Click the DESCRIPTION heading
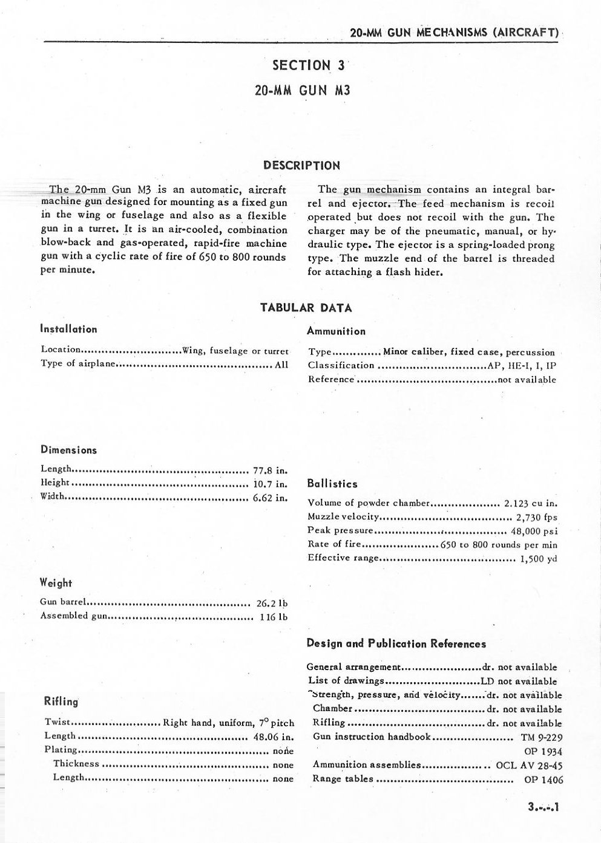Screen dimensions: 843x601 [x=301, y=165]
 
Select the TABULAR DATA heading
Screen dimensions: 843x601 [x=306, y=307]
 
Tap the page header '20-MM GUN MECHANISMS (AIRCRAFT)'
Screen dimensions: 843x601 [x=454, y=33]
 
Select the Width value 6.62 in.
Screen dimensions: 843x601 [x=269, y=498]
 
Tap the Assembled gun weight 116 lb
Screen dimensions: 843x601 [x=274, y=617]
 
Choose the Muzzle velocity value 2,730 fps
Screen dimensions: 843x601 [x=536, y=518]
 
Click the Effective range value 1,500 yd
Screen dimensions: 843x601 [x=538, y=559]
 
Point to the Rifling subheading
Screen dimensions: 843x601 [x=61, y=701]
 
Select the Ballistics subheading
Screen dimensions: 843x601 [x=332, y=484]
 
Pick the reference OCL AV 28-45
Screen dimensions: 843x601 [x=529, y=765]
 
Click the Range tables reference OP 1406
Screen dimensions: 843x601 [x=544, y=780]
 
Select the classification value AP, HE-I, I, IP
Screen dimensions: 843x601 [x=521, y=365]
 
